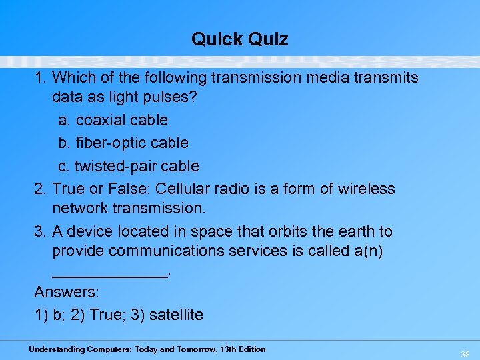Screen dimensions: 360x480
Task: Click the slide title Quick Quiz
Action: tap(240, 39)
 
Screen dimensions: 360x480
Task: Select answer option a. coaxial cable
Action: tap(113, 121)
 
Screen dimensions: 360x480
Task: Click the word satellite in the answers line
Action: tap(176, 315)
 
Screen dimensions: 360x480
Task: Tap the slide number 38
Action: tap(465, 355)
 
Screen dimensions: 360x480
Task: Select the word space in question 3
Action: tap(207, 232)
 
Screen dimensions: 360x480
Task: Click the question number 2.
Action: tap(39, 189)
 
